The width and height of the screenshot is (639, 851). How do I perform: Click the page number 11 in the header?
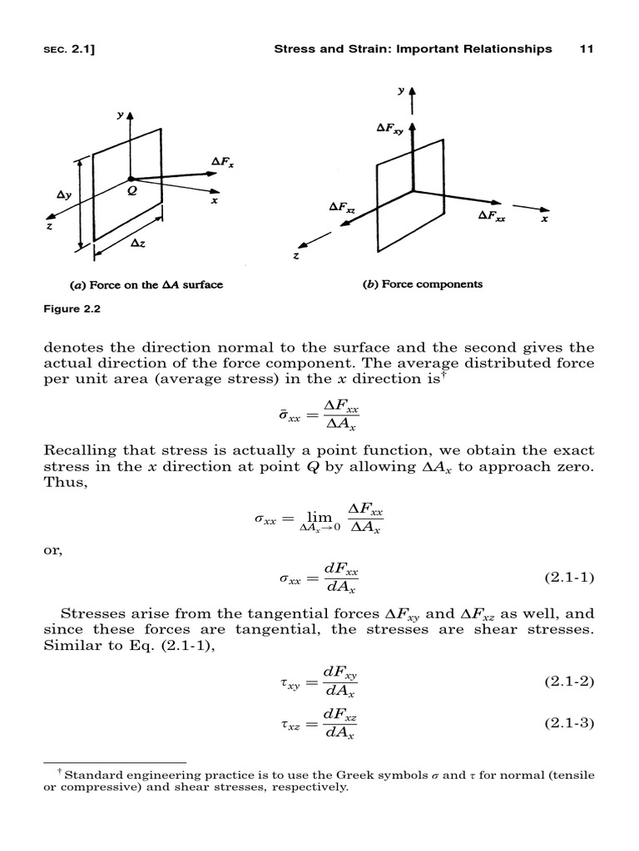click(x=585, y=49)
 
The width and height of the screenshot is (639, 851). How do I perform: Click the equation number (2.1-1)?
click(x=570, y=577)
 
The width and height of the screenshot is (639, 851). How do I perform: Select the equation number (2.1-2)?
click(x=570, y=681)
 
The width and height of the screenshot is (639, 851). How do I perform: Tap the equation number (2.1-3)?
click(x=570, y=722)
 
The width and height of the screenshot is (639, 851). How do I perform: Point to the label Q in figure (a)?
click(x=131, y=189)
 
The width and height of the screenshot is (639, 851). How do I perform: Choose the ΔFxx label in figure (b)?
click(x=492, y=214)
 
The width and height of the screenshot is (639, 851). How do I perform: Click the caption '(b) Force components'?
click(x=422, y=284)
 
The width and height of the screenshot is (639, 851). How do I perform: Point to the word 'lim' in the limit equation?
click(x=308, y=517)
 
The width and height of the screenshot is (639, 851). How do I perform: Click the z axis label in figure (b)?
click(x=296, y=257)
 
